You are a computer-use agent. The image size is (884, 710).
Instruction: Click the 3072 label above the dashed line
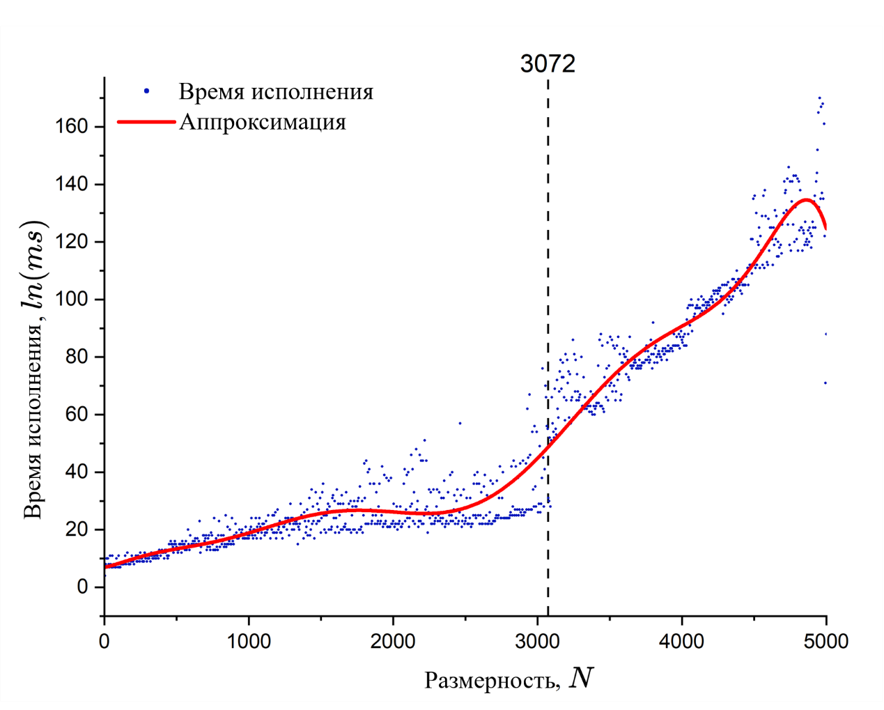[548, 64]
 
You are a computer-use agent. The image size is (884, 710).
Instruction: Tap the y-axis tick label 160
[72, 127]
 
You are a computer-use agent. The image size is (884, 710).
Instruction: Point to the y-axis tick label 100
[72, 300]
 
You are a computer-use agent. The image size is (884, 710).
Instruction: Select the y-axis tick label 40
[77, 472]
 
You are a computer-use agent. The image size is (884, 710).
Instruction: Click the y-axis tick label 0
[82, 587]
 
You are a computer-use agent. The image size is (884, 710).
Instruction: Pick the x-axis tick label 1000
[249, 641]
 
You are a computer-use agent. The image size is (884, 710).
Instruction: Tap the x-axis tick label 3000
[537, 641]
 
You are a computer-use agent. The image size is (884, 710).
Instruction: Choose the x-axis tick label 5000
[825, 641]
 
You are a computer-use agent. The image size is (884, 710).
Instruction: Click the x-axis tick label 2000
[393, 641]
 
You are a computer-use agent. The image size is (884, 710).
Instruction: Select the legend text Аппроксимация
[263, 122]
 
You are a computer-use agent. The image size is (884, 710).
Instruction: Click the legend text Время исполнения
[276, 92]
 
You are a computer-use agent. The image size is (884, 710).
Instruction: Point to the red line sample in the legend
[146, 122]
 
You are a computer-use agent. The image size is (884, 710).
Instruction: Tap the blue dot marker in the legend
[146, 91]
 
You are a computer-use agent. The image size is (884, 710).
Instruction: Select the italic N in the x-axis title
[580, 677]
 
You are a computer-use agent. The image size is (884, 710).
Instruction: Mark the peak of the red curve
[806, 200]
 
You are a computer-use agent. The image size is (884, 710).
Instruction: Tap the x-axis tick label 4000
[681, 641]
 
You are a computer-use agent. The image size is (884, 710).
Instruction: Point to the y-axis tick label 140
[72, 185]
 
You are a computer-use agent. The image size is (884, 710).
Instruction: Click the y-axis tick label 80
[77, 357]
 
